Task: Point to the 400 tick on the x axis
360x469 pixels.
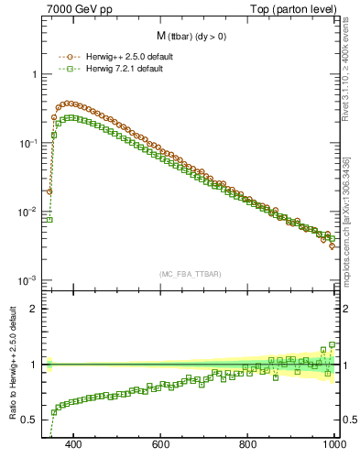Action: (x=74, y=445)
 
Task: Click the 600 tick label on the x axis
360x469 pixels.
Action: (x=161, y=445)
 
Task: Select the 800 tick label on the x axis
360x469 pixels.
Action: (x=248, y=445)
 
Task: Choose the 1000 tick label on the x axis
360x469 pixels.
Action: (x=333, y=445)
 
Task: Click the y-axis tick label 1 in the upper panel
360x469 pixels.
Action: (x=35, y=74)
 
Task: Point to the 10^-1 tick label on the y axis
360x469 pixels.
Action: (x=29, y=143)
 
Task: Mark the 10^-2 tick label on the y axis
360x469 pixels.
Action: (x=29, y=212)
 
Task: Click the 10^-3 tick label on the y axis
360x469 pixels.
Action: (x=29, y=280)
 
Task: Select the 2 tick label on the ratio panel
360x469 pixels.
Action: (x=35, y=309)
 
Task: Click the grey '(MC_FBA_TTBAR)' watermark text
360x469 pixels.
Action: (x=190, y=274)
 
